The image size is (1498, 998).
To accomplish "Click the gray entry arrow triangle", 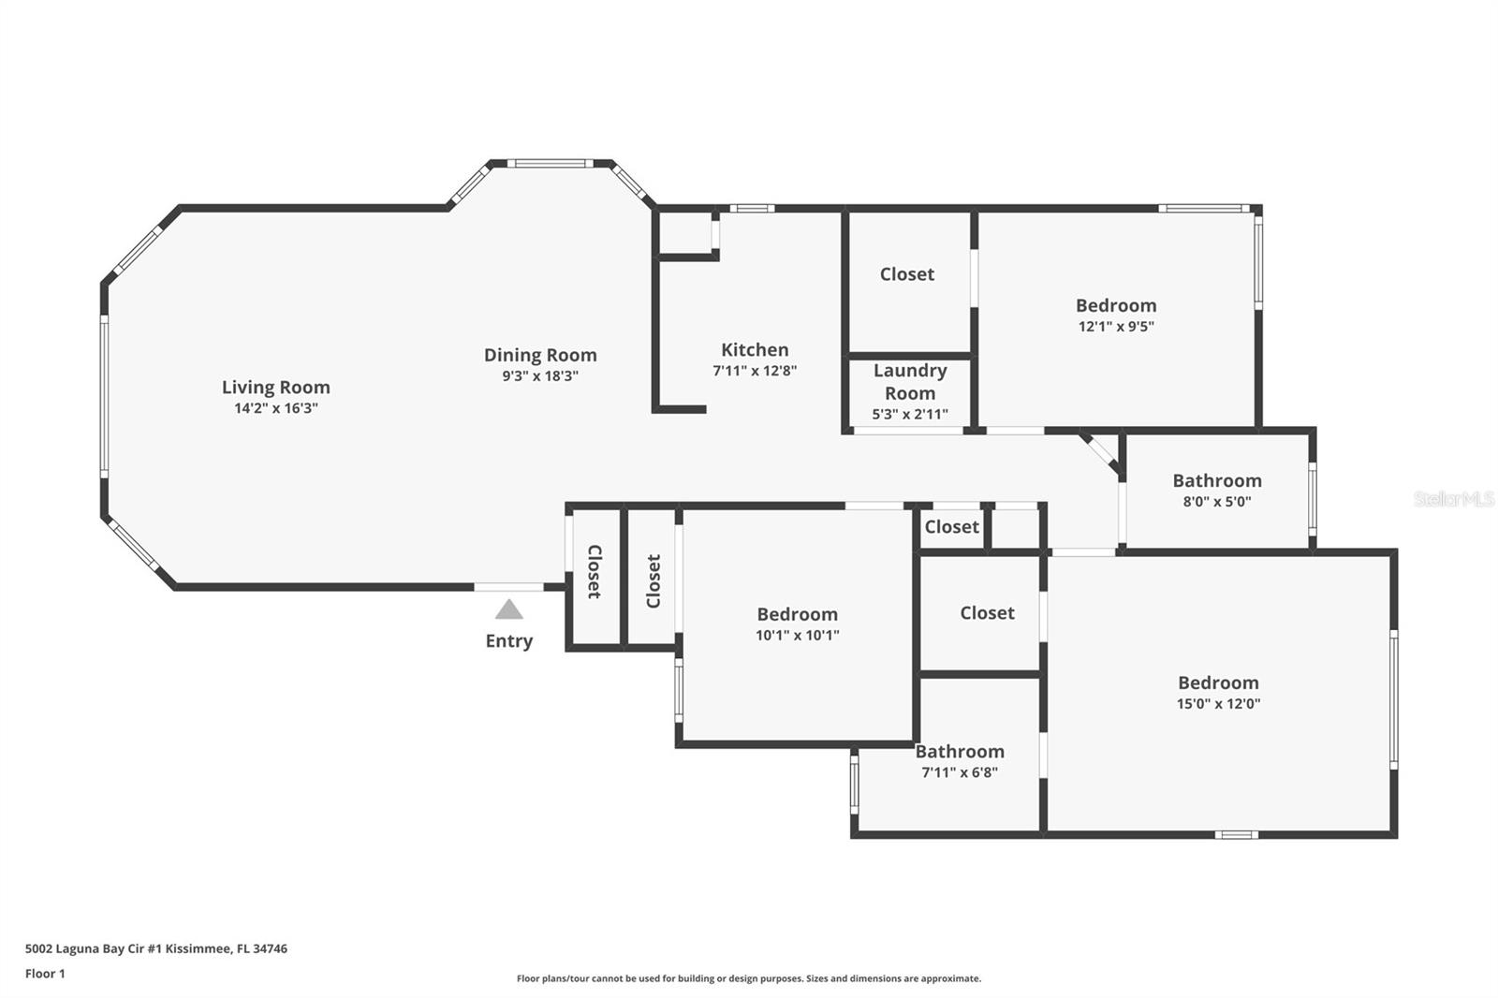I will click(x=508, y=610).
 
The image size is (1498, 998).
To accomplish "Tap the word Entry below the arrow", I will click(x=508, y=641).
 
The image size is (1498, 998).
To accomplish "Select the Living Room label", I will click(x=276, y=387).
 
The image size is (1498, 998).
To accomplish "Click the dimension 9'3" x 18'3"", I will click(x=540, y=376).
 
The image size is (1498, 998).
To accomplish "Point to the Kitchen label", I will click(x=755, y=349).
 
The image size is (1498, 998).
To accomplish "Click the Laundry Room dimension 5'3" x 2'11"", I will click(x=910, y=414).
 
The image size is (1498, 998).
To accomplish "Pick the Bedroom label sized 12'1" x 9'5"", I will click(x=1116, y=305).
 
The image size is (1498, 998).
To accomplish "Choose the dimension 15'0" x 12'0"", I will click(x=1218, y=704).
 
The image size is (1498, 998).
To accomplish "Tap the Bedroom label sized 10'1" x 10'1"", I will click(x=797, y=614).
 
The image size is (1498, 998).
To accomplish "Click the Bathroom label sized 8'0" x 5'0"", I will click(x=1217, y=480).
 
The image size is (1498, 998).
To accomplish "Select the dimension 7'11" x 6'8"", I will click(x=960, y=772).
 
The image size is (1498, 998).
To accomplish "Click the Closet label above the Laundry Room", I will click(x=907, y=274).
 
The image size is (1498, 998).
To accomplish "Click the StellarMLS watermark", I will click(x=1453, y=499).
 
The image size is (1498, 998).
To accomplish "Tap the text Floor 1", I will click(x=45, y=974).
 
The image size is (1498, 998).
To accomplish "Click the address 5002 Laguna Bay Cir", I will click(x=155, y=948).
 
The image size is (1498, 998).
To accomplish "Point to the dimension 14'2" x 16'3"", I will click(x=276, y=408).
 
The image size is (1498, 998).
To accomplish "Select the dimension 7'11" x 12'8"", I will click(x=755, y=371).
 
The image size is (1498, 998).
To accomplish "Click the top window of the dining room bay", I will click(x=551, y=164).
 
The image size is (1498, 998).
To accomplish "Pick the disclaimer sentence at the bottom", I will click(x=749, y=978).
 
